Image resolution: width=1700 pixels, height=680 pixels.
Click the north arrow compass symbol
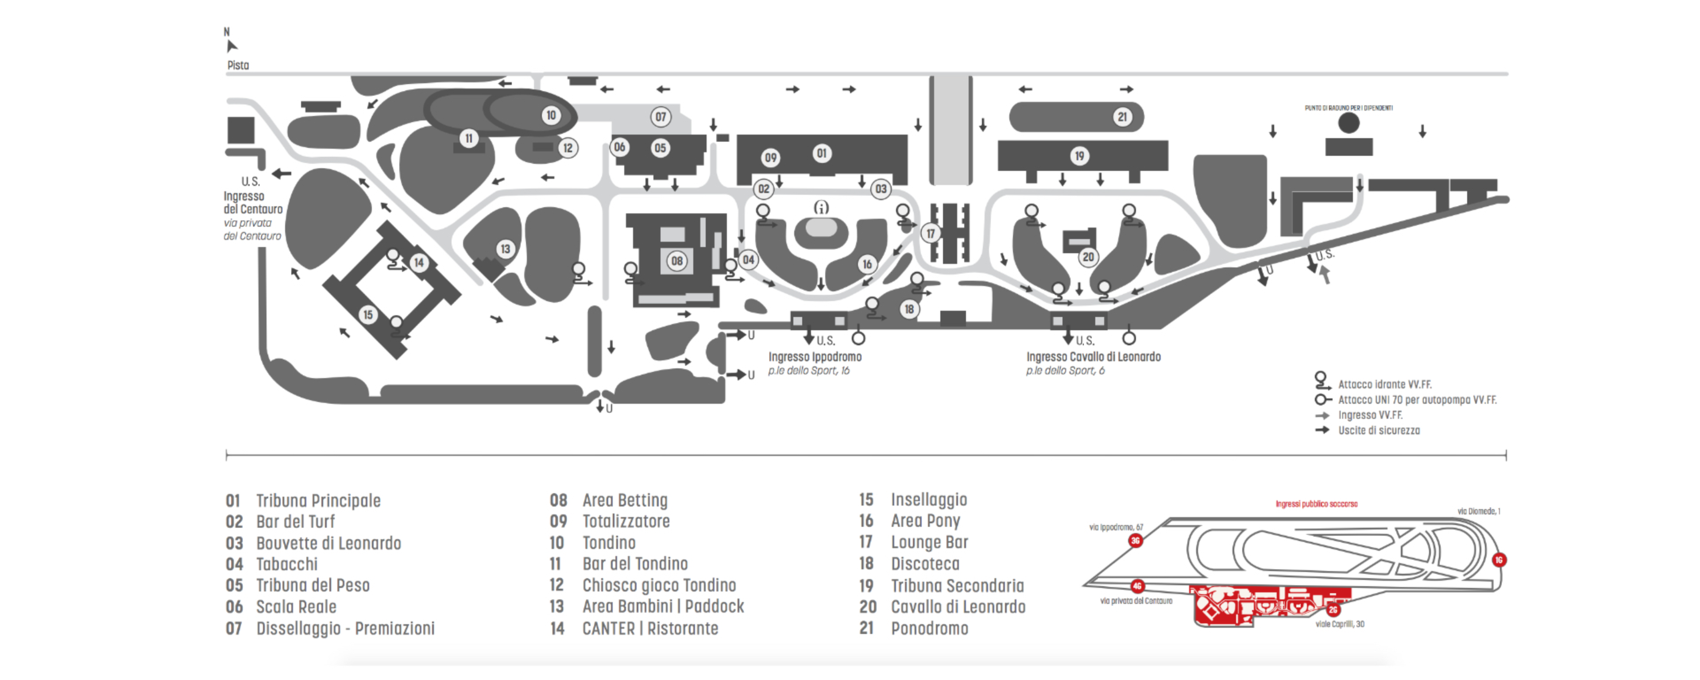(x=231, y=46)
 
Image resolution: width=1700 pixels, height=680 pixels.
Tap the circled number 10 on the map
(x=550, y=116)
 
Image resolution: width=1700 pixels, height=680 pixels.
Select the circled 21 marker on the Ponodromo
(x=1122, y=117)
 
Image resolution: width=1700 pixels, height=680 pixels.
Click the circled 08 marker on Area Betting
(x=676, y=261)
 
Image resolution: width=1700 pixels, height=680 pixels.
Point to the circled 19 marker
(x=1079, y=156)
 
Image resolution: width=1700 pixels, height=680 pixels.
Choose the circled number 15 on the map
(x=367, y=314)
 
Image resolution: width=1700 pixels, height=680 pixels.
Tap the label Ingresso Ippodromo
(x=815, y=356)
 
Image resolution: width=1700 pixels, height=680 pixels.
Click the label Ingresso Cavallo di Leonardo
(x=1093, y=356)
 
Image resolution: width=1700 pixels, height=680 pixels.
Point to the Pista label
(x=238, y=66)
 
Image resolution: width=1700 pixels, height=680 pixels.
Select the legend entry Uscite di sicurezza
(x=1379, y=430)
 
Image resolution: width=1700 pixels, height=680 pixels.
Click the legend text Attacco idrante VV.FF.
(x=1384, y=384)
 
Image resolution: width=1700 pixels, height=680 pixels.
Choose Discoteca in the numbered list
(x=924, y=564)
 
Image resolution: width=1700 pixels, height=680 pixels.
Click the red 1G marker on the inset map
(x=1499, y=560)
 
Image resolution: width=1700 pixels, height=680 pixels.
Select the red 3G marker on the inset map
(x=1135, y=541)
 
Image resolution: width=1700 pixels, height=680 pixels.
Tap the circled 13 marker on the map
(x=505, y=249)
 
